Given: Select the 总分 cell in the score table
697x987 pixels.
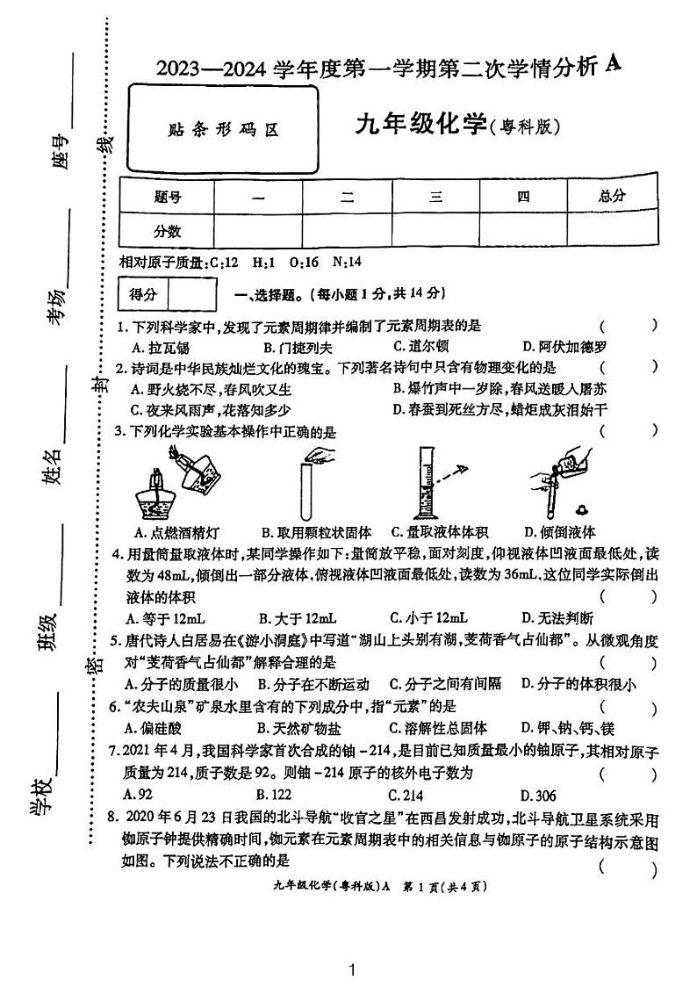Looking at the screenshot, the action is click(612, 197).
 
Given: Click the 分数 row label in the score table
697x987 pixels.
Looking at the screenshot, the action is click(167, 231).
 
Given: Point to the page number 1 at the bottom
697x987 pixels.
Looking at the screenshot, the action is click(351, 969).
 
